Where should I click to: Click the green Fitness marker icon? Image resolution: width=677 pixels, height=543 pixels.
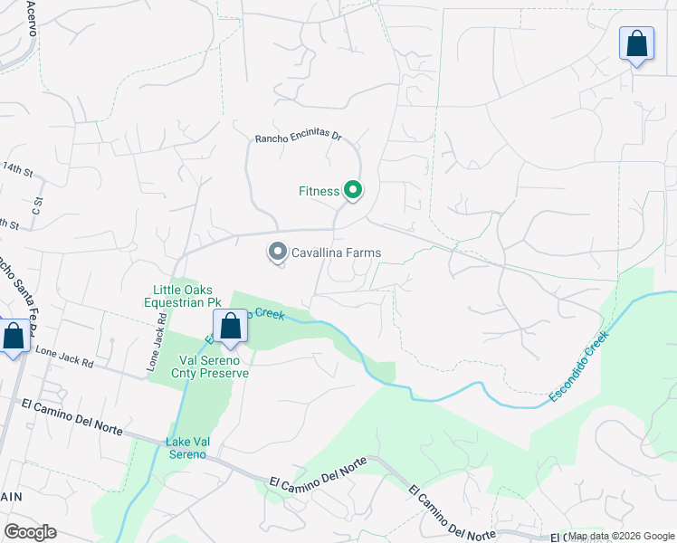coord(354,190)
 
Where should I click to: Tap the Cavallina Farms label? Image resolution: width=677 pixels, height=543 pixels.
coord(336,252)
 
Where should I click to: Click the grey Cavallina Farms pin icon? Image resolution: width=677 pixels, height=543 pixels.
coord(278,252)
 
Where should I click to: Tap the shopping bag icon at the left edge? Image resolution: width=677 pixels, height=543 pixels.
coord(14,337)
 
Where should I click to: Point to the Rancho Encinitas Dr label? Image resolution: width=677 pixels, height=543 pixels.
coord(298,138)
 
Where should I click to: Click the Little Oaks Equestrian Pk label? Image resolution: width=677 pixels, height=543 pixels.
coord(182,295)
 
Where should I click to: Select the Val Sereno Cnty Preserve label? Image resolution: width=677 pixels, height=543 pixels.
coord(209,366)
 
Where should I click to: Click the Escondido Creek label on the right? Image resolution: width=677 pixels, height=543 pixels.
coord(579,367)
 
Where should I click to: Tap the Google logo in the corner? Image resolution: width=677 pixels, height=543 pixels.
coord(30,532)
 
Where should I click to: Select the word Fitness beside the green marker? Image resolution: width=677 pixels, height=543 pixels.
coord(319,191)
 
